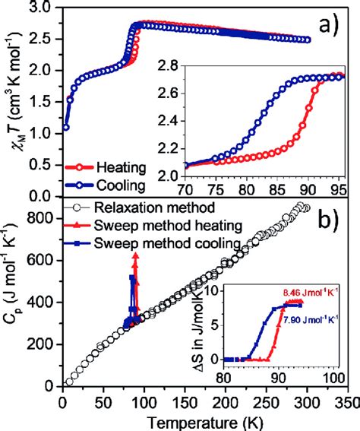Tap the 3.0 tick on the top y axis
(43, 8)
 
